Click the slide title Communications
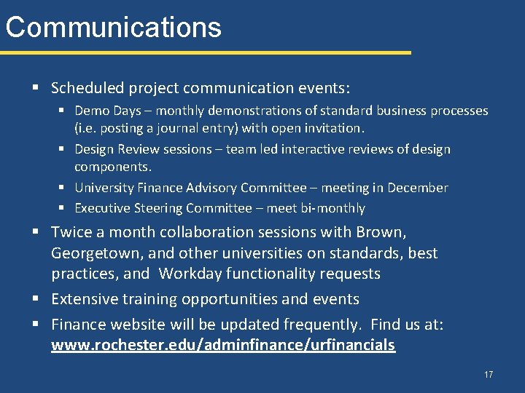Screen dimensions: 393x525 (x=113, y=27)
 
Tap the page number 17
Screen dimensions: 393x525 (x=489, y=375)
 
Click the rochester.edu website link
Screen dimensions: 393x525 (x=223, y=345)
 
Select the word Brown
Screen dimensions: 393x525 (x=381, y=232)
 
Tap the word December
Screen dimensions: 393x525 (x=417, y=188)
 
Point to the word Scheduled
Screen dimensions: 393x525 (x=87, y=88)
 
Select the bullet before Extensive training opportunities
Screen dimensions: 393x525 (x=36, y=299)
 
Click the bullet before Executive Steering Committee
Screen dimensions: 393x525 (x=63, y=208)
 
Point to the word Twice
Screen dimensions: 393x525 (x=71, y=232)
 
